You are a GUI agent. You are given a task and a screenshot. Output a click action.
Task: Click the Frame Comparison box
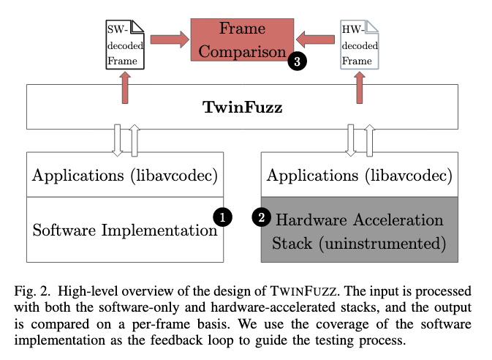[241, 40]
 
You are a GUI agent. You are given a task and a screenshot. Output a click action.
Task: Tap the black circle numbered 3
[296, 61]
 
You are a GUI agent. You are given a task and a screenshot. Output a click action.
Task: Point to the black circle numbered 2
[261, 216]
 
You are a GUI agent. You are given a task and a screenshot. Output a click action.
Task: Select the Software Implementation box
[125, 230]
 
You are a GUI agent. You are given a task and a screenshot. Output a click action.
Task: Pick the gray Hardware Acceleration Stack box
[357, 230]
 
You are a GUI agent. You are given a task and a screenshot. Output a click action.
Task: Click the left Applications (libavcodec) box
[125, 176]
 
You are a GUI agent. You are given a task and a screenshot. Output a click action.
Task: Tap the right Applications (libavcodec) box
[357, 176]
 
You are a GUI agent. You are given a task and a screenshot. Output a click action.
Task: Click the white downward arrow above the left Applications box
[118, 139]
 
